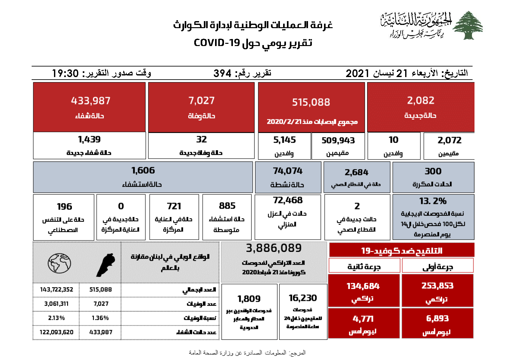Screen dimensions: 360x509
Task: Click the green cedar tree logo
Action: [468, 25]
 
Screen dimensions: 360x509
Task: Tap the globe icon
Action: [59, 263]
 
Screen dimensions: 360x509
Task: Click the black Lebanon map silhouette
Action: [106, 265]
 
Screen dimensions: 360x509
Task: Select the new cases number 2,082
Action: [420, 100]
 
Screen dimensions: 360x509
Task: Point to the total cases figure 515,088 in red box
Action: [311, 102]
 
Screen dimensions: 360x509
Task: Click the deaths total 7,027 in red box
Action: [201, 101]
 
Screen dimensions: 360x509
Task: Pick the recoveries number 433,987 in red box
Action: [91, 101]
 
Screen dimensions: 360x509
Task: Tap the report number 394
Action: [222, 74]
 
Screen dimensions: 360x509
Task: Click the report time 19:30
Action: [66, 74]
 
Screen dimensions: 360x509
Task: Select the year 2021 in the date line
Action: [357, 74]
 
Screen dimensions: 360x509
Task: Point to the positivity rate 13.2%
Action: [433, 201]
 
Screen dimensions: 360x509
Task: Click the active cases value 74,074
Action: [288, 171]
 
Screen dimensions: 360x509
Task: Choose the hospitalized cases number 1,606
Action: [143, 170]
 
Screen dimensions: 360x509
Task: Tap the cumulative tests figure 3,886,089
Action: [274, 248]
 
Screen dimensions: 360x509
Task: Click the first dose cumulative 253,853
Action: [437, 286]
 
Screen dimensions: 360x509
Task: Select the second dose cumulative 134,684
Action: [363, 286]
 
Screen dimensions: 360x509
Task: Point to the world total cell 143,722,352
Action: [57, 290]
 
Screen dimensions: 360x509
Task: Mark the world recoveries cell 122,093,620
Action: [57, 332]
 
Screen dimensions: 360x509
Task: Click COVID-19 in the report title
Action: [217, 43]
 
